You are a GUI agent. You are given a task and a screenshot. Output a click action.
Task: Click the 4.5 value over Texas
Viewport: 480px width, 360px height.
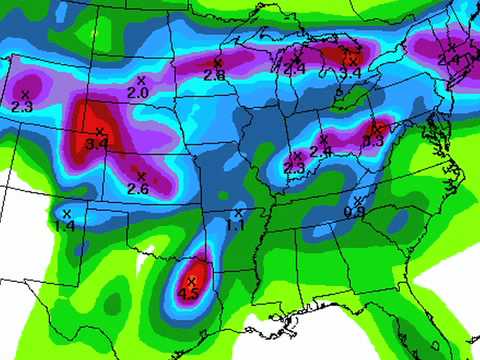click(x=188, y=294)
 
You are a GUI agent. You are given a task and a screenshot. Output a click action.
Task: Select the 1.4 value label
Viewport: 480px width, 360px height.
click(x=65, y=227)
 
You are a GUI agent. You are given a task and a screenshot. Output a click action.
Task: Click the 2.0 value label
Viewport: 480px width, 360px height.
click(x=138, y=92)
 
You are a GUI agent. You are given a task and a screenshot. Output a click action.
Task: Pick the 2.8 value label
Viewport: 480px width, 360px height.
click(x=214, y=75)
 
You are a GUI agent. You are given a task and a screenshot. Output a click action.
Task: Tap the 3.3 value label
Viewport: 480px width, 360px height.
click(x=374, y=142)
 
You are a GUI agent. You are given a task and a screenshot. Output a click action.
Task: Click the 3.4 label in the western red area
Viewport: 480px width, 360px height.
click(x=97, y=145)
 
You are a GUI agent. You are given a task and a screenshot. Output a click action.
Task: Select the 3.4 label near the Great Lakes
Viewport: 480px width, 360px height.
click(x=350, y=73)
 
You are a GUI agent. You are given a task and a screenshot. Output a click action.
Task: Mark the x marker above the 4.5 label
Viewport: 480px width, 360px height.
click(x=190, y=281)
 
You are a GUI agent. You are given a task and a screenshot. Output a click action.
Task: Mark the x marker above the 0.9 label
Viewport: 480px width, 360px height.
click(x=358, y=201)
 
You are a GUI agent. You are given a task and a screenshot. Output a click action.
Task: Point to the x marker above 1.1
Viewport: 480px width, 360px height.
click(x=238, y=213)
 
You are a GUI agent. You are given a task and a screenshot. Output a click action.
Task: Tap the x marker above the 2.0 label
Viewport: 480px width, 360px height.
click(x=140, y=79)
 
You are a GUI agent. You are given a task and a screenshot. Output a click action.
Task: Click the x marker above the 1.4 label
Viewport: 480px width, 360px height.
click(x=67, y=213)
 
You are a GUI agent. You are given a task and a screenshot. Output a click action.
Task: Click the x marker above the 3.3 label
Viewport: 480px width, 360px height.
click(x=377, y=128)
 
